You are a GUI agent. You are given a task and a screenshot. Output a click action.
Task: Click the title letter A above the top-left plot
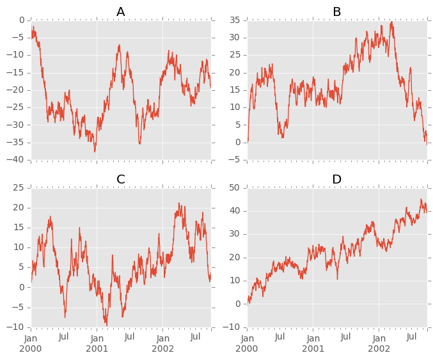(x=121, y=12)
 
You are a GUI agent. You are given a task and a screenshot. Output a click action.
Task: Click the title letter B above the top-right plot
(x=337, y=12)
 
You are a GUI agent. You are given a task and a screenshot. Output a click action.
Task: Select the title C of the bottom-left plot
(x=121, y=180)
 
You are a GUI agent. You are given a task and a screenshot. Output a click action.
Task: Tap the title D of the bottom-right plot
(x=337, y=180)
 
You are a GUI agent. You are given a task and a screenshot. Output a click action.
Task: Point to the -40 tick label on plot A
(x=17, y=159)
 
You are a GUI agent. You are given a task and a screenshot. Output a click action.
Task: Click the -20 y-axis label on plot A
(x=17, y=90)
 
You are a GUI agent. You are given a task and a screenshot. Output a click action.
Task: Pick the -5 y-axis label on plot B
(x=237, y=159)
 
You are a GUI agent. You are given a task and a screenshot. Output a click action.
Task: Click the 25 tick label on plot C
(x=20, y=187)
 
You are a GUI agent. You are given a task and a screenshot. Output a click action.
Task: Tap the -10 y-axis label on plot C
(x=17, y=327)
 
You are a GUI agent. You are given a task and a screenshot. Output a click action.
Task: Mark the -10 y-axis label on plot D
(x=234, y=327)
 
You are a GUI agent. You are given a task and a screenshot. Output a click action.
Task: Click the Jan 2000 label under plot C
(x=31, y=343)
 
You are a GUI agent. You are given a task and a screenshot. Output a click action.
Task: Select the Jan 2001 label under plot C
(x=97, y=343)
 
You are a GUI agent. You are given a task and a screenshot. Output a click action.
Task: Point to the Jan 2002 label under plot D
(x=379, y=343)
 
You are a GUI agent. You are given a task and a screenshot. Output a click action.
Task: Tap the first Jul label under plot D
(x=280, y=336)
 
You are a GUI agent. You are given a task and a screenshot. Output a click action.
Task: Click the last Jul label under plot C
(x=195, y=336)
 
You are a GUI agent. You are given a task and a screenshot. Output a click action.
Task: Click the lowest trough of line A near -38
(x=95, y=152)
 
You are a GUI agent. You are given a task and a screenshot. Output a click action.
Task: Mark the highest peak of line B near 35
(x=391, y=22)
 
